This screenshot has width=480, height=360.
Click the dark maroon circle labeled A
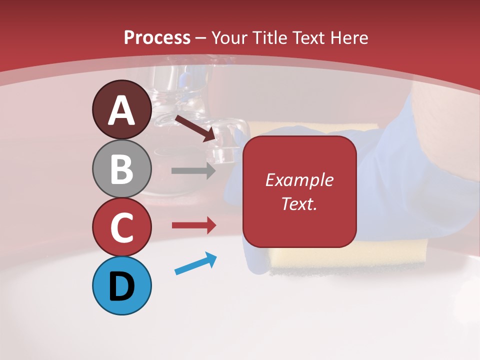(x=121, y=109)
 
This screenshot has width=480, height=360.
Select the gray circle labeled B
(x=121, y=168)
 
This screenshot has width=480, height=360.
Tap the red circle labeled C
(x=121, y=227)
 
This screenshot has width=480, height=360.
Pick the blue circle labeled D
(x=121, y=285)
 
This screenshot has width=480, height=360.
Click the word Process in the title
(x=157, y=37)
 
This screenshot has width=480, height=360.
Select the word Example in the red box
(x=299, y=180)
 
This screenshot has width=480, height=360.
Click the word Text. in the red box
(x=299, y=203)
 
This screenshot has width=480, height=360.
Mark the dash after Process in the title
(x=201, y=38)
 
